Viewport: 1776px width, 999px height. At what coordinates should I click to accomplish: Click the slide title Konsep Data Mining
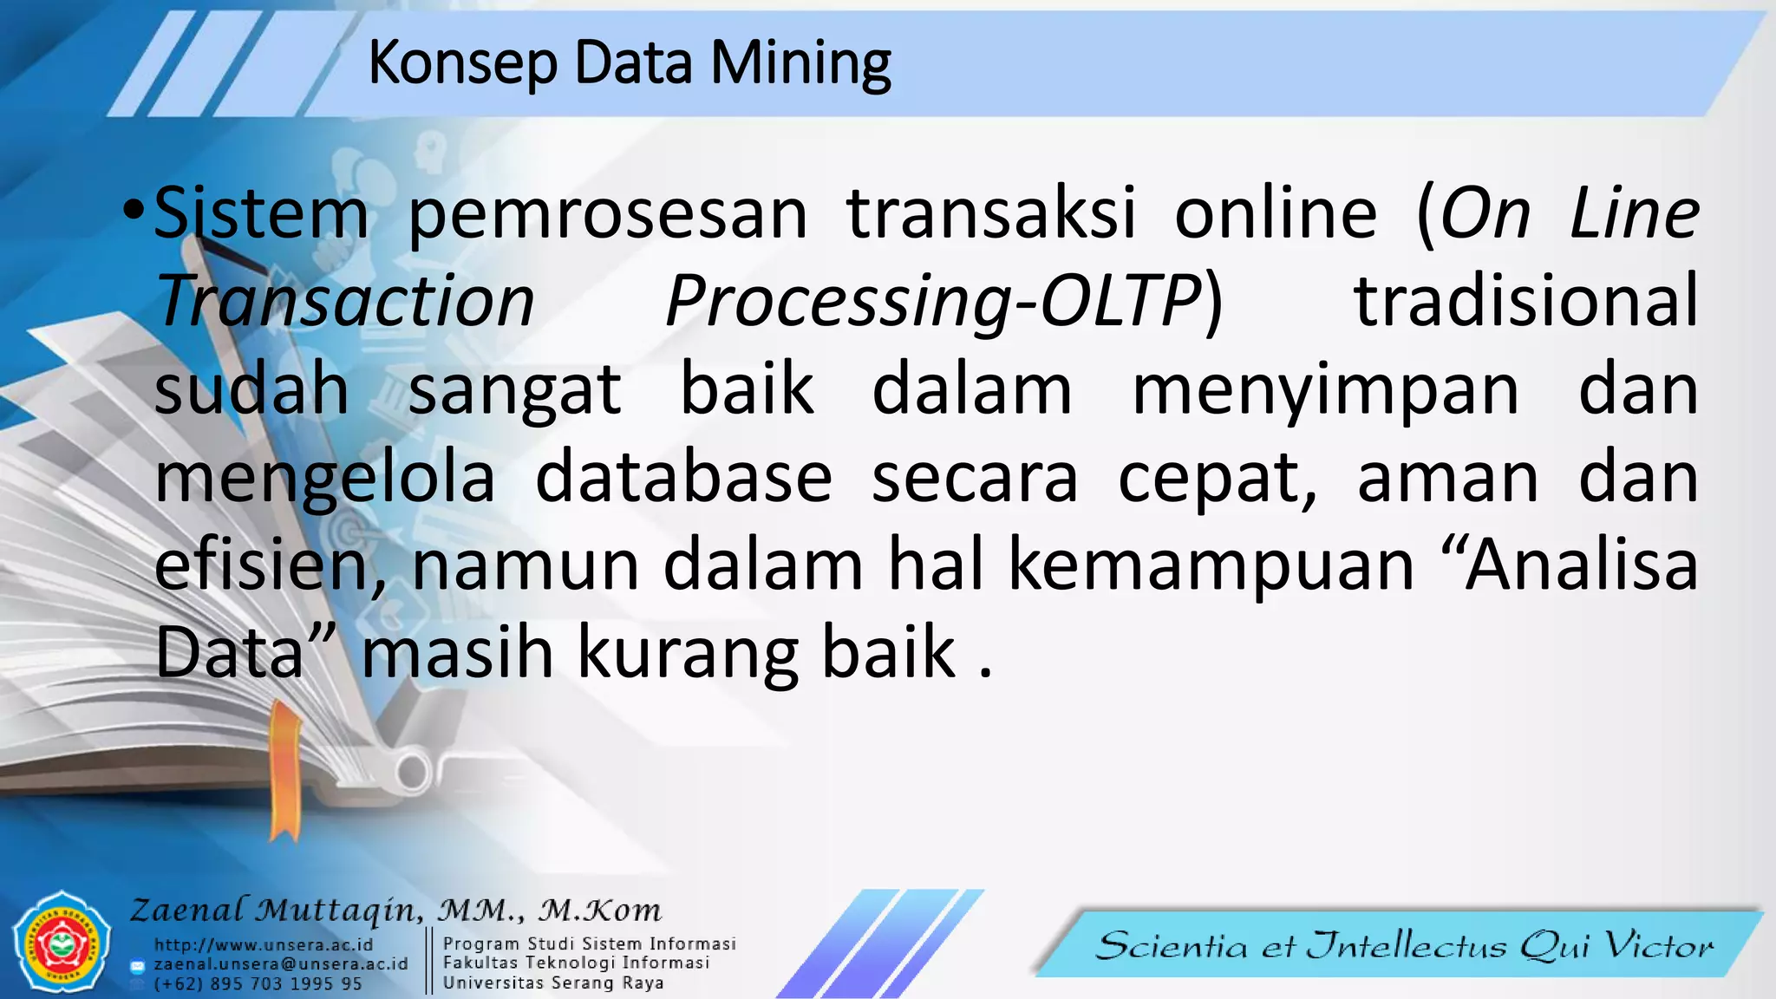tap(629, 63)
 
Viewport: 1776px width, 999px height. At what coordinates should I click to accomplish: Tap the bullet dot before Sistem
tap(132, 210)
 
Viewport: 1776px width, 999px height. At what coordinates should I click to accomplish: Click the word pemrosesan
tap(607, 215)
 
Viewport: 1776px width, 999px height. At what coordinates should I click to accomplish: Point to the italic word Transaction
tap(344, 301)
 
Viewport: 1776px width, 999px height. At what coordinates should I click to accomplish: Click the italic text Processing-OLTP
tap(932, 302)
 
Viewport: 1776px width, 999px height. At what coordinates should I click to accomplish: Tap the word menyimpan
tap(1326, 390)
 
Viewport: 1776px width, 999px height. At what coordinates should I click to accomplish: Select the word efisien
tap(269, 565)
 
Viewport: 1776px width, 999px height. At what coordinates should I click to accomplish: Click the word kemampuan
tap(1211, 565)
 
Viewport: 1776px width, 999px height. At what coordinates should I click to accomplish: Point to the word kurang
tap(687, 653)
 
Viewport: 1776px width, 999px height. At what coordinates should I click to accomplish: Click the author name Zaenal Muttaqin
tap(276, 910)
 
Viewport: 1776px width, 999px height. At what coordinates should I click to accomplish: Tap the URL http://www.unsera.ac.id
tap(264, 944)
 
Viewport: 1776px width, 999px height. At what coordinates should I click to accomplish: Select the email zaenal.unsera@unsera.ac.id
tap(280, 963)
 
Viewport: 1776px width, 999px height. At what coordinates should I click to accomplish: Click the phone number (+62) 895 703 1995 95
tap(258, 983)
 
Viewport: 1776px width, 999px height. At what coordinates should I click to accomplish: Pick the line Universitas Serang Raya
tap(553, 983)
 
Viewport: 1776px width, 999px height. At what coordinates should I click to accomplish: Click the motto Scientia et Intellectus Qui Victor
tap(1404, 945)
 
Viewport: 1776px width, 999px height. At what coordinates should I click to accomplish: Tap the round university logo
tap(62, 943)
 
